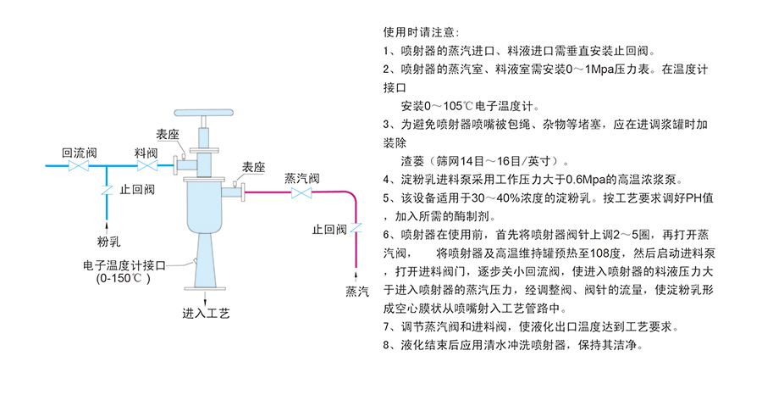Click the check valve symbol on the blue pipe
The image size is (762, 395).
(106, 190)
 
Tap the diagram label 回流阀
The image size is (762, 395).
(80, 152)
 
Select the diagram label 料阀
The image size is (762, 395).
(146, 152)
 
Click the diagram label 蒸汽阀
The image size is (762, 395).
(301, 178)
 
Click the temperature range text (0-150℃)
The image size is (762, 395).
(123, 277)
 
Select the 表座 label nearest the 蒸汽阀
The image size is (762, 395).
(254, 167)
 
